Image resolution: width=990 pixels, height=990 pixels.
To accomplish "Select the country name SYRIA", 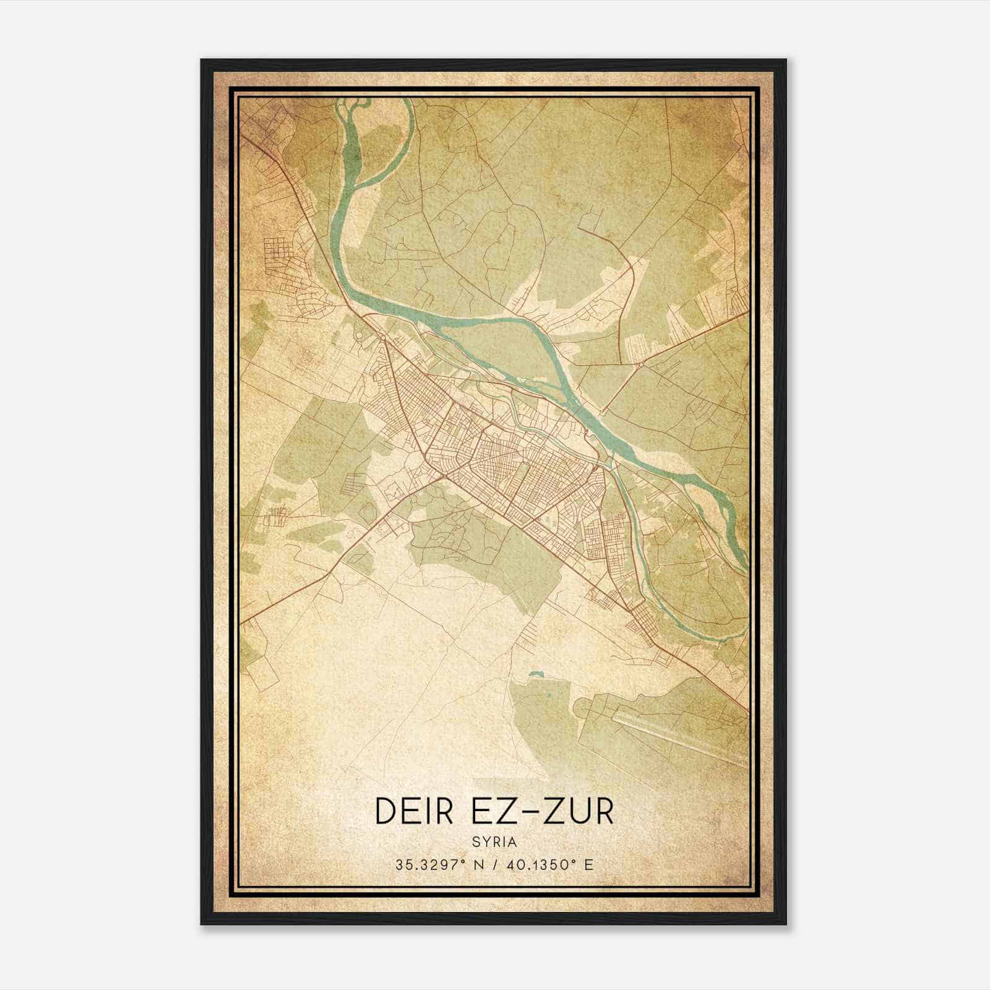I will [494, 841].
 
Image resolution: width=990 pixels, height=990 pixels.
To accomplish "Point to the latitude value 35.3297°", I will [430, 864].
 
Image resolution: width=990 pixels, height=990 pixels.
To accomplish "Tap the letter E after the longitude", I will [589, 864].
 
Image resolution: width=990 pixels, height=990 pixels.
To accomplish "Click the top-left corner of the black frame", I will [202, 60].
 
